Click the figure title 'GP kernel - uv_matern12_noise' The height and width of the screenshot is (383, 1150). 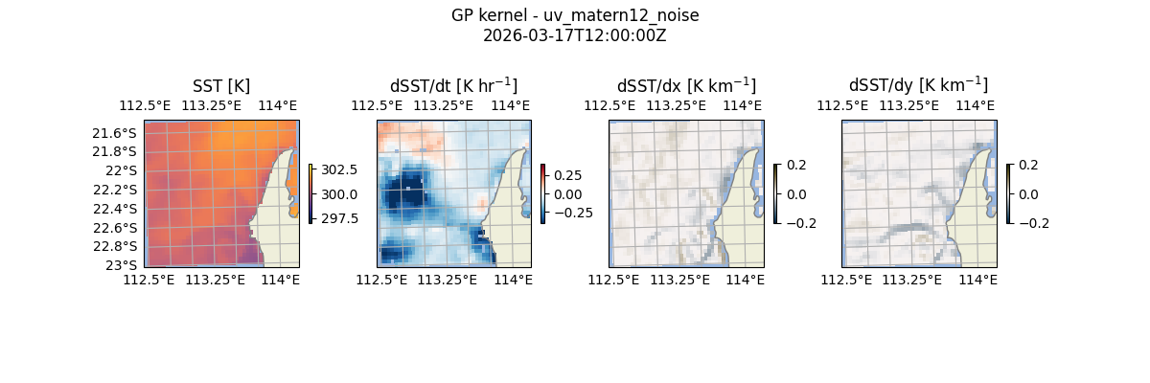pos(575,15)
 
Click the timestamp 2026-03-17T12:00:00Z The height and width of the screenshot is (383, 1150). pos(575,35)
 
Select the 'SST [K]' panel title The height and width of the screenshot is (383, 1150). pos(221,85)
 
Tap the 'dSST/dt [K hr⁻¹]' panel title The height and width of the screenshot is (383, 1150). pos(453,85)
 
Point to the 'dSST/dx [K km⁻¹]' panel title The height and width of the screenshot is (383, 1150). pos(686,85)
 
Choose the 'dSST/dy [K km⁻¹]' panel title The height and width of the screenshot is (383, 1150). pos(918,85)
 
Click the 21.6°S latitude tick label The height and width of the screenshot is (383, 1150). pos(114,132)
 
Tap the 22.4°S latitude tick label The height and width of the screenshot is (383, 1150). pos(114,209)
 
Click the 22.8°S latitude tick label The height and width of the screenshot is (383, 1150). pos(114,247)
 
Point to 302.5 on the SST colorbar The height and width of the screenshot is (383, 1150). pos(339,169)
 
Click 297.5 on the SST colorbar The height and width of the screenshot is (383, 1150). pos(339,218)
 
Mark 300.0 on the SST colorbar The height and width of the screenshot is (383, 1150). pos(339,194)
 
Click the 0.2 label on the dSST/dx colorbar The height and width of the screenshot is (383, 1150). pos(796,165)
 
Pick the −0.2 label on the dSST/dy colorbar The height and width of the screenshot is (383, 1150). pos(1029,224)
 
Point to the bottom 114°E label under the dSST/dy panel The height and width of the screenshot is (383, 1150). pos(977,280)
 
